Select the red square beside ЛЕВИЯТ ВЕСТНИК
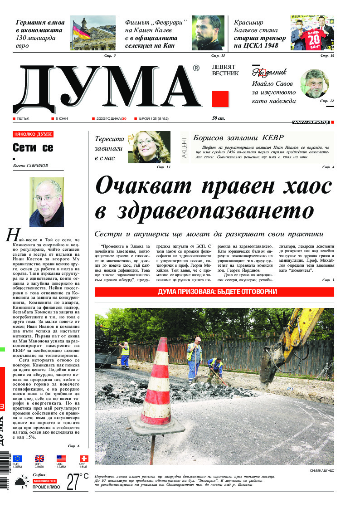[x=220, y=99]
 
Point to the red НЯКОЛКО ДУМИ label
[x=33, y=134]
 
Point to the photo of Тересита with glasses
[x=149, y=147]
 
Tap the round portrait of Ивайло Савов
[x=314, y=83]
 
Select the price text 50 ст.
[x=218, y=118]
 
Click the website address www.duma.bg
[x=311, y=122]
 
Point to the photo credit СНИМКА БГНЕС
[x=322, y=470]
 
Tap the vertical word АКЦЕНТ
[x=184, y=147]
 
